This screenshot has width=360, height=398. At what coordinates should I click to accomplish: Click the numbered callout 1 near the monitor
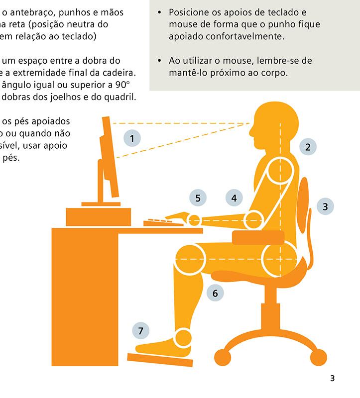pyautogui.click(x=132, y=138)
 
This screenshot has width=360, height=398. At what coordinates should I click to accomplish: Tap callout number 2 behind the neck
pyautogui.click(x=308, y=147)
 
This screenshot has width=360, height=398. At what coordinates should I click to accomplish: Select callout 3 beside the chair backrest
pyautogui.click(x=325, y=206)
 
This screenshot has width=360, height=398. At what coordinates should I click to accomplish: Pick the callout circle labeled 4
pyautogui.click(x=234, y=198)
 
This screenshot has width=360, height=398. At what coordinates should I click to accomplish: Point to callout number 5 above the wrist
pyautogui.click(x=198, y=198)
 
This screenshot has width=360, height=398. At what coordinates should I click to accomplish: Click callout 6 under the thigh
pyautogui.click(x=215, y=293)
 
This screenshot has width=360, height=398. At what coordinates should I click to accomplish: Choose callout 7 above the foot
pyautogui.click(x=141, y=330)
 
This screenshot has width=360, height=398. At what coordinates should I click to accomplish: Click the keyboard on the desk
pyautogui.click(x=163, y=222)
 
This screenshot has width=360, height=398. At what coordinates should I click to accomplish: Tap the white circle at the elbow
pyautogui.click(x=254, y=219)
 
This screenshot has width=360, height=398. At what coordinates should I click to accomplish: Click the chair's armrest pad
pyautogui.click(x=258, y=238)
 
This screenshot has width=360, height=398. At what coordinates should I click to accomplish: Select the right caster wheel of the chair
pyautogui.click(x=318, y=357)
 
